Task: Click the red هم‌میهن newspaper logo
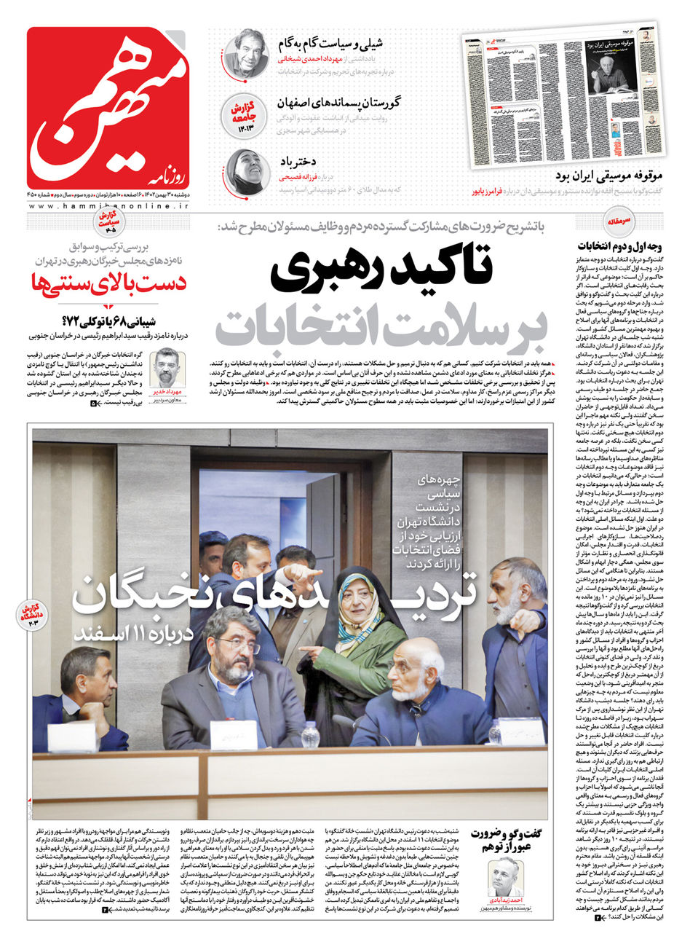pos(108,108)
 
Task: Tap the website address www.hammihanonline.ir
pos(108,207)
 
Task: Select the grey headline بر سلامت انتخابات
pos(381,326)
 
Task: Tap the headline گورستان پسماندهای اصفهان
pos(338,103)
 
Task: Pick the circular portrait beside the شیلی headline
pos(247,53)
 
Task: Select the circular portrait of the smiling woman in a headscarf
pos(247,172)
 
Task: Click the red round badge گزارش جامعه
pos(247,113)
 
